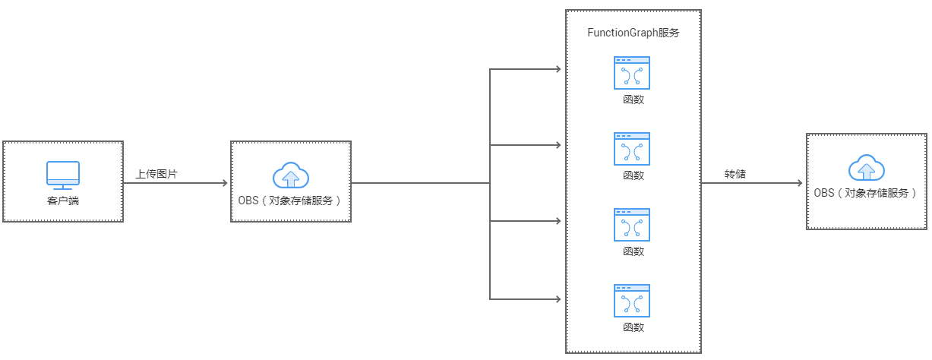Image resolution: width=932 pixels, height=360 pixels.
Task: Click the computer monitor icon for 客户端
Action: click(63, 174)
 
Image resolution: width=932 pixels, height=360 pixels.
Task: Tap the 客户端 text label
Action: click(63, 201)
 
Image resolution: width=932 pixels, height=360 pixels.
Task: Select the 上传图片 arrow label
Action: click(156, 174)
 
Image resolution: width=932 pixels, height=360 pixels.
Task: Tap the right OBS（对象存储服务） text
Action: click(866, 193)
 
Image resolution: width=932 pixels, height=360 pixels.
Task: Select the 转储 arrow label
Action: click(735, 174)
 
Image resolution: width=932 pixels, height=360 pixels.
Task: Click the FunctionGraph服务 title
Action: click(633, 33)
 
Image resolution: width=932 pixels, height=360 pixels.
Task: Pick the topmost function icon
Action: click(632, 73)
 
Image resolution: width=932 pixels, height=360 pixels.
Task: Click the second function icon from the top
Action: click(632, 149)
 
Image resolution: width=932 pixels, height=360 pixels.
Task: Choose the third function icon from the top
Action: click(632, 225)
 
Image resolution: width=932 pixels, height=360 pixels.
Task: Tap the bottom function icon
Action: click(632, 301)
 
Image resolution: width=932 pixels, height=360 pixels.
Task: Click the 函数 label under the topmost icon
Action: click(633, 99)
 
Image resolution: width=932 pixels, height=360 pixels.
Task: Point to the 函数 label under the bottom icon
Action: click(633, 327)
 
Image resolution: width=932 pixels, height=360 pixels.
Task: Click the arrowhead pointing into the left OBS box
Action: click(224, 183)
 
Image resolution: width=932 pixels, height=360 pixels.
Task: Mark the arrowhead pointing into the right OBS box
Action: click(799, 183)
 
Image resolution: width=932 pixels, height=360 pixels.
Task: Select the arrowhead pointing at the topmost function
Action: click(558, 70)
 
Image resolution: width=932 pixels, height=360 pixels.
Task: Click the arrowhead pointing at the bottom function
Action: click(558, 298)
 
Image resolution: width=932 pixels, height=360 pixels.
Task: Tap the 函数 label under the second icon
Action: click(633, 175)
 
